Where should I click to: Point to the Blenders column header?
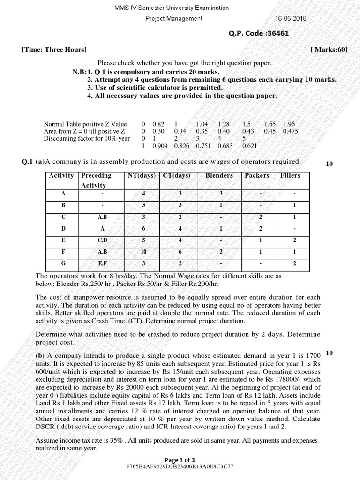point(219,175)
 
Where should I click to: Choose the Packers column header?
point(257,175)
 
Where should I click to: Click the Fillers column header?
point(290,175)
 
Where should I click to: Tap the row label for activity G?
point(63,263)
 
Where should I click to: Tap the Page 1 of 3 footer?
point(180,459)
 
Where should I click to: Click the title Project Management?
point(174,18)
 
